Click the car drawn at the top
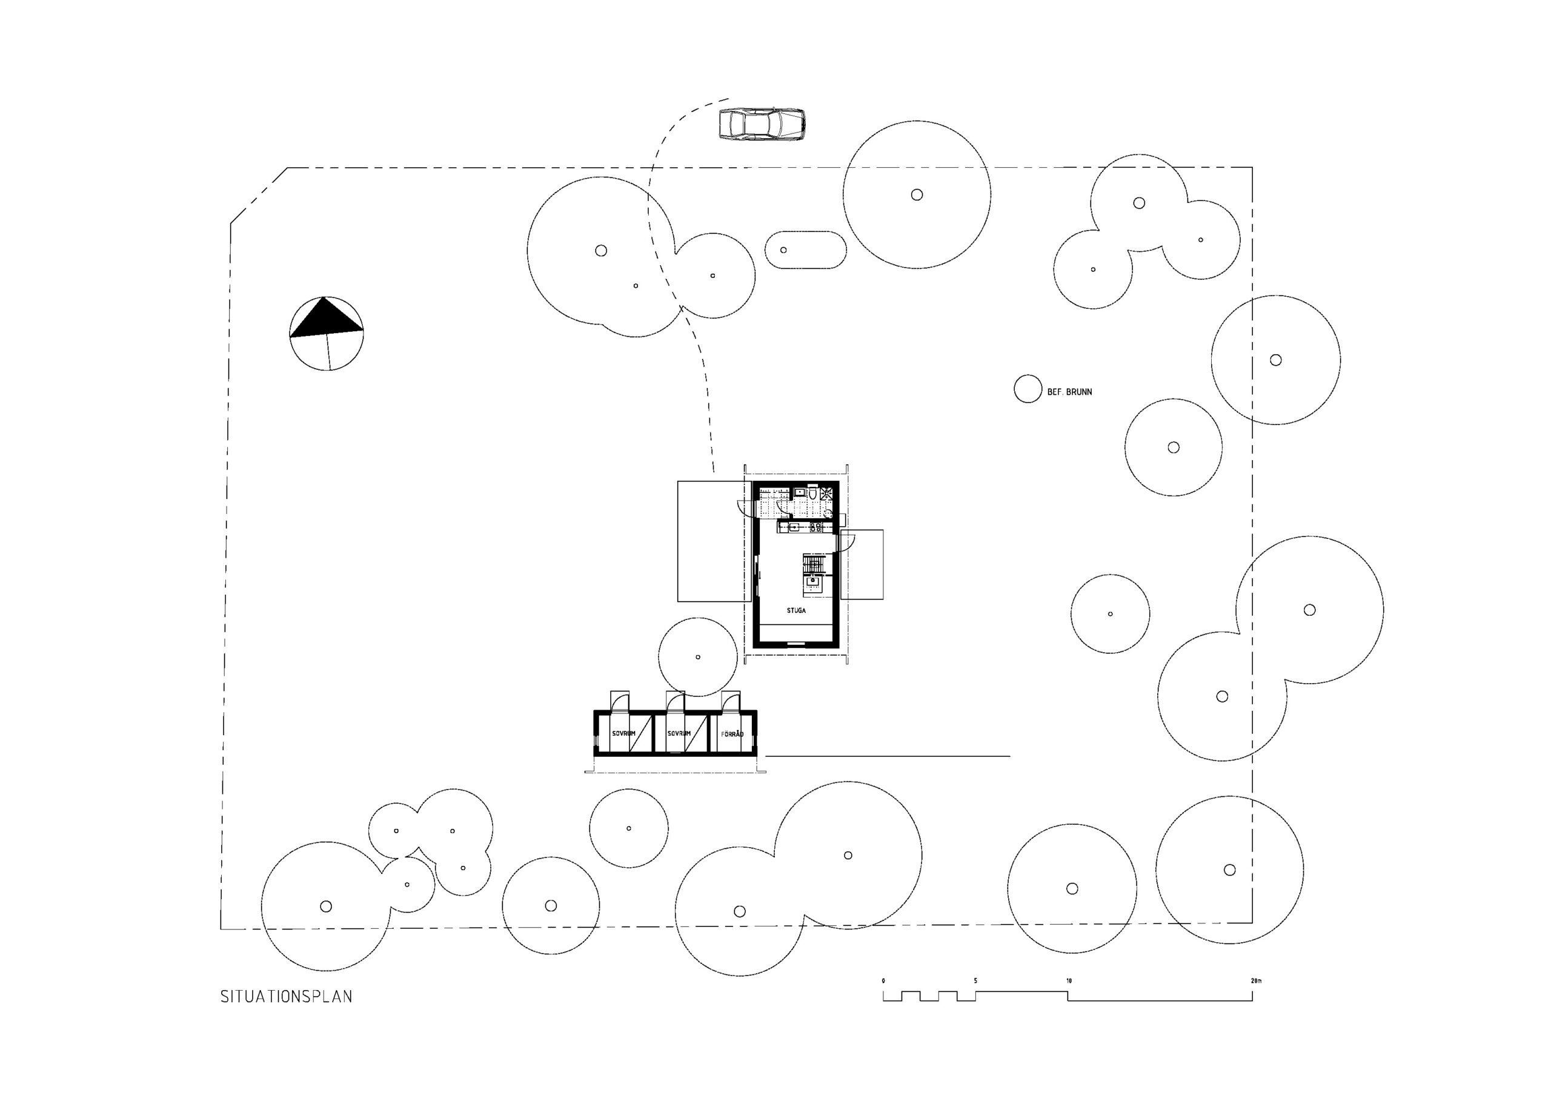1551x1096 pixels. [762, 124]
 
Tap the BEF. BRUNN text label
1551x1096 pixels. [1069, 392]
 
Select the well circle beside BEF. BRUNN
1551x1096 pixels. [1028, 389]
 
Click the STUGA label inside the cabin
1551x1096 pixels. [795, 610]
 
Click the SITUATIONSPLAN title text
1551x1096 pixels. [286, 997]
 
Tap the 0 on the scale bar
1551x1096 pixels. [883, 980]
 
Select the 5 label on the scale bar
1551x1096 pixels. [975, 980]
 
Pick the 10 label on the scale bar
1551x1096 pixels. [1069, 980]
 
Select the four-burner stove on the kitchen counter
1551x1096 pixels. [815, 527]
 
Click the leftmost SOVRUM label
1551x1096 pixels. [623, 733]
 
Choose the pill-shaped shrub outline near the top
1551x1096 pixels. [805, 250]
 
